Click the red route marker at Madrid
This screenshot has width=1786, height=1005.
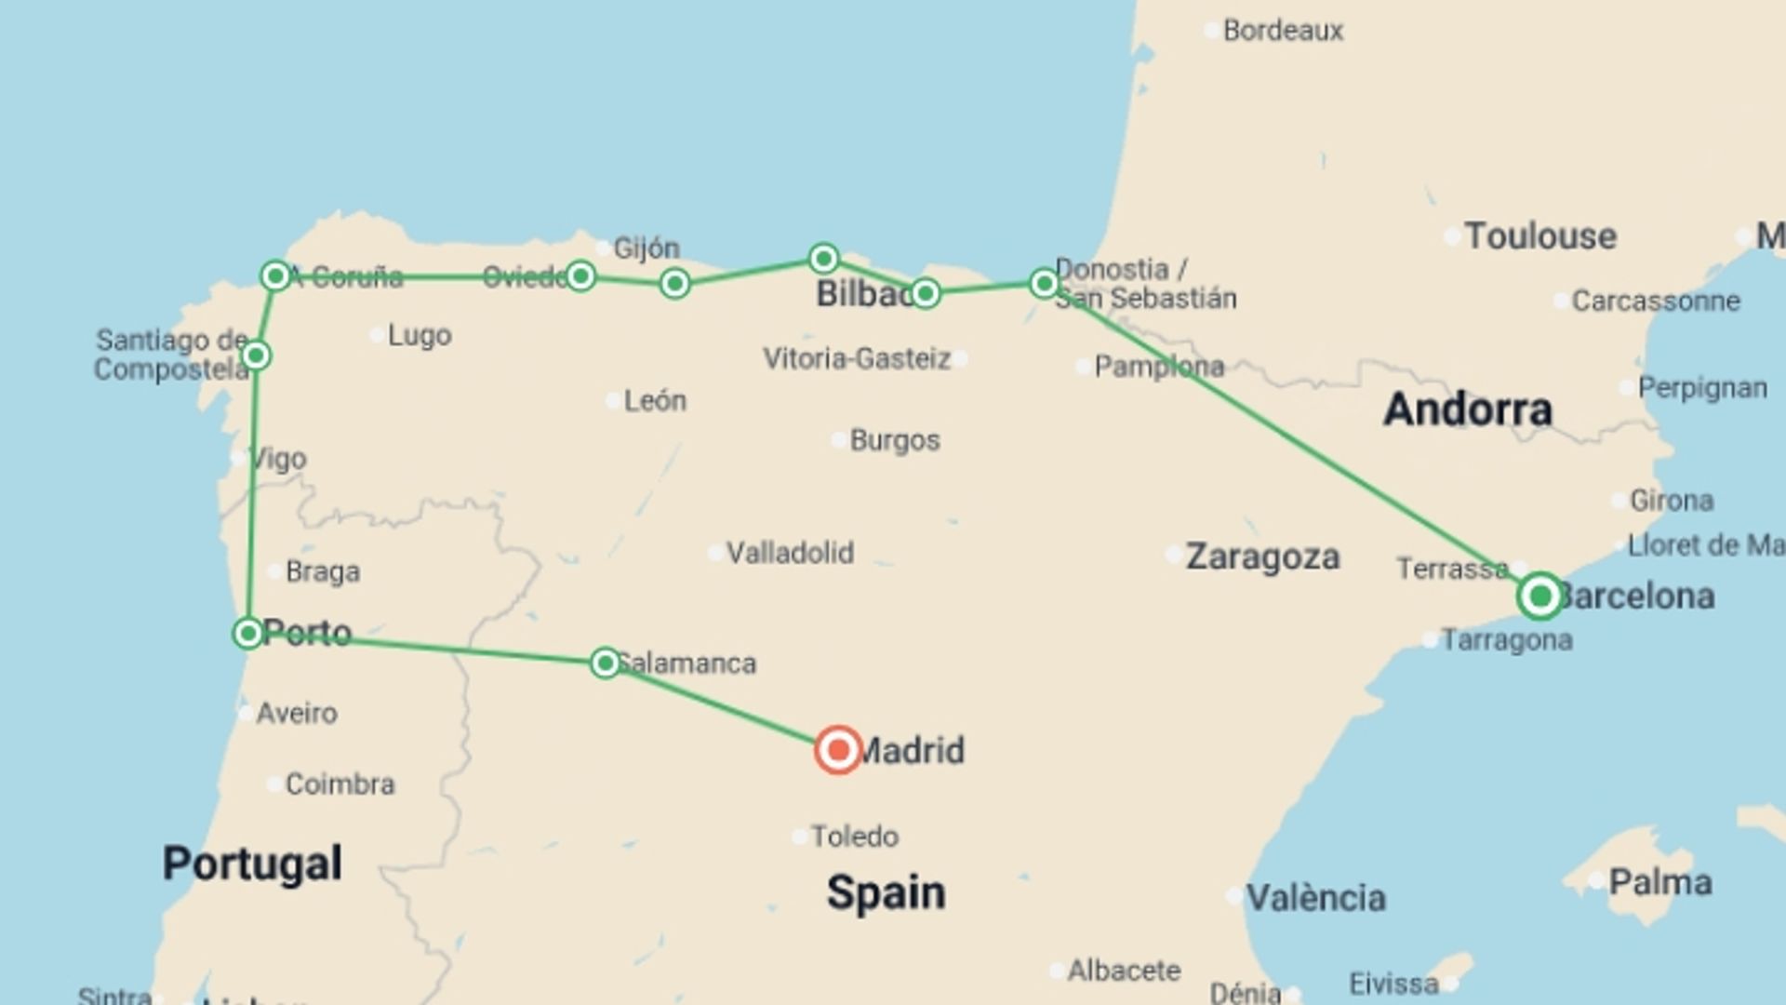coord(837,750)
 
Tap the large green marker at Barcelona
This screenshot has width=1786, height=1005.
coord(1539,596)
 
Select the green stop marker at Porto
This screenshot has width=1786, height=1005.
coord(247,634)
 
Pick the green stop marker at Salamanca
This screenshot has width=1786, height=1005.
coord(605,663)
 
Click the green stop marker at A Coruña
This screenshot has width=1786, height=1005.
coord(275,276)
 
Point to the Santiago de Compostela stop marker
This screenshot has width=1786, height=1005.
coord(256,355)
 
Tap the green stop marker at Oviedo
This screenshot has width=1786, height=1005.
coord(580,276)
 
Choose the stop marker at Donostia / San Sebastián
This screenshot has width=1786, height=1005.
coord(1044,283)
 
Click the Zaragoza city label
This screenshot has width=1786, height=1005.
coord(1262,556)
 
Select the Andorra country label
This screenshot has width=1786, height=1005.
coord(1467,409)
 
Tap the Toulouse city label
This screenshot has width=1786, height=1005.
coord(1539,236)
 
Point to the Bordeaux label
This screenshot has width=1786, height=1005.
coord(1283,31)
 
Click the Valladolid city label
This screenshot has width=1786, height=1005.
coord(789,553)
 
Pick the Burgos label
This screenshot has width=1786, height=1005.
coord(894,440)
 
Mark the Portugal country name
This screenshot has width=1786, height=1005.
coord(252,864)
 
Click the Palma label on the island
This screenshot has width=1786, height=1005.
coord(1659,882)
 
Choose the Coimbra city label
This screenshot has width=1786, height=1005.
coord(340,784)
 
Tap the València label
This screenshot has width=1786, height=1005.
coord(1315,898)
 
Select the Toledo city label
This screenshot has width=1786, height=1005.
coord(854,837)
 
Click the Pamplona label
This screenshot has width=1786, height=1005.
coord(1158,367)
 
